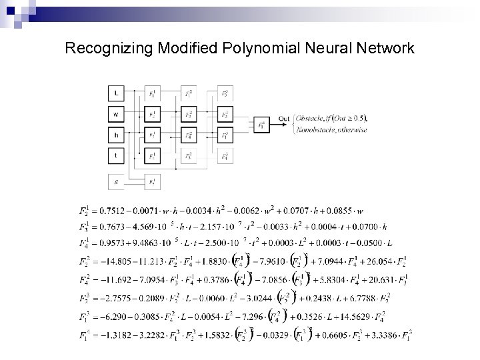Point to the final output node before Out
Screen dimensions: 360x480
(261, 125)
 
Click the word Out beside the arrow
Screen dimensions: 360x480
(283, 119)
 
